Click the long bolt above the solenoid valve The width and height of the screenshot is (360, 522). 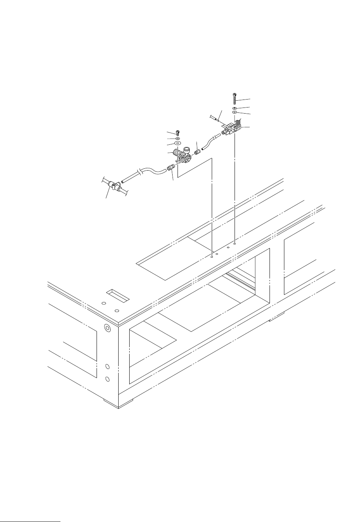(x=235, y=99)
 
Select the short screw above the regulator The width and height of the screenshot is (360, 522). (x=178, y=133)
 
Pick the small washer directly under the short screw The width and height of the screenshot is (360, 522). (x=178, y=138)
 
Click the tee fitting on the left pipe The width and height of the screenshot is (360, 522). (x=113, y=185)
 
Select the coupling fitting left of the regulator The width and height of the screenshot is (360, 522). (x=170, y=167)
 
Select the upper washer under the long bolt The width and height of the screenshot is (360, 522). (x=235, y=108)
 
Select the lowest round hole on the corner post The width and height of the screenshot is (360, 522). (x=107, y=379)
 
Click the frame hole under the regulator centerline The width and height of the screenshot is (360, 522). (x=212, y=256)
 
